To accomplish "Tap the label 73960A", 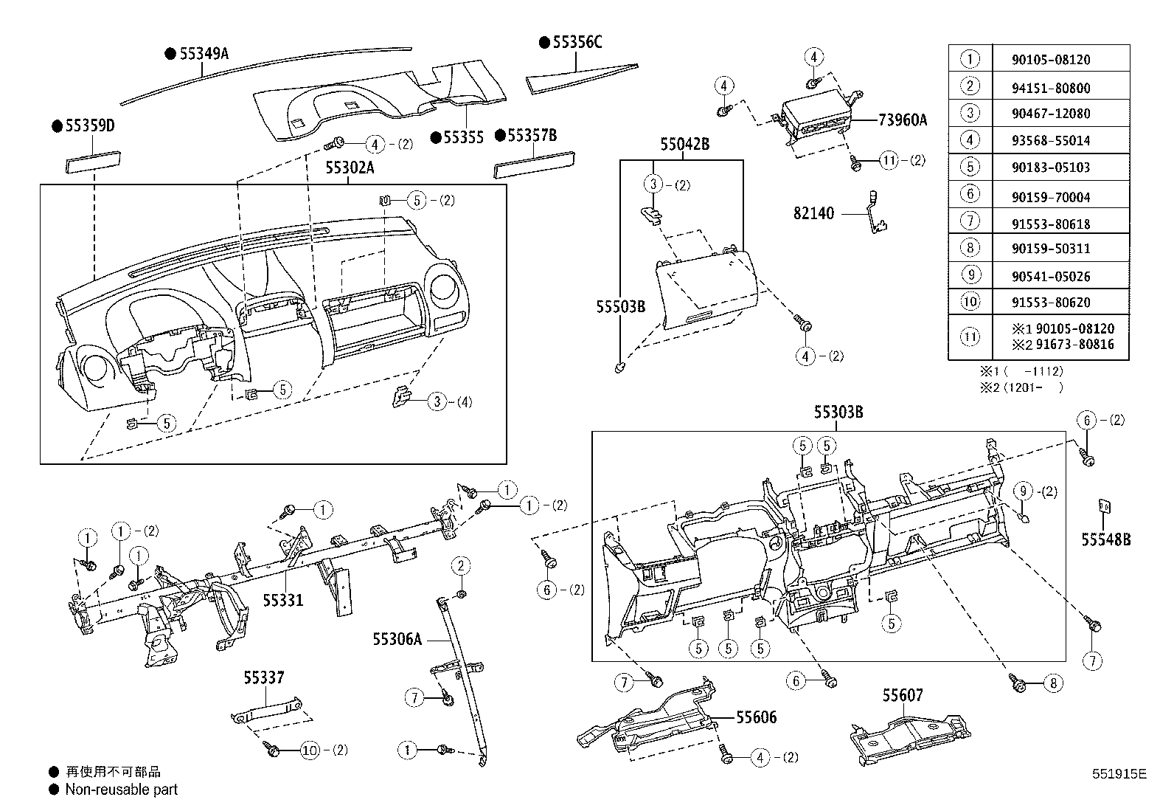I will [903, 120].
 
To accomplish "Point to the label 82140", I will [813, 213].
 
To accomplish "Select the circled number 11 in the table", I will [970, 337].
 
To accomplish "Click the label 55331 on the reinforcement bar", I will [283, 600].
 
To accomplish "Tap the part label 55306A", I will [397, 639].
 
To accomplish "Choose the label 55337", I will [264, 677].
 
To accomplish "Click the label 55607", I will [903, 695].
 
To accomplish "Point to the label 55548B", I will [1106, 540].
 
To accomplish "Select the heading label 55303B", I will [838, 413].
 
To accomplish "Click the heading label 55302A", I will [350, 168].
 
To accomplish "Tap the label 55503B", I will [621, 306].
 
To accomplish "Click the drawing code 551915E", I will [1119, 774].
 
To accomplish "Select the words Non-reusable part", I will [122, 790].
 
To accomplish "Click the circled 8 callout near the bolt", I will [1052, 683].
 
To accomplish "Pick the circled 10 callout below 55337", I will [310, 750].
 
